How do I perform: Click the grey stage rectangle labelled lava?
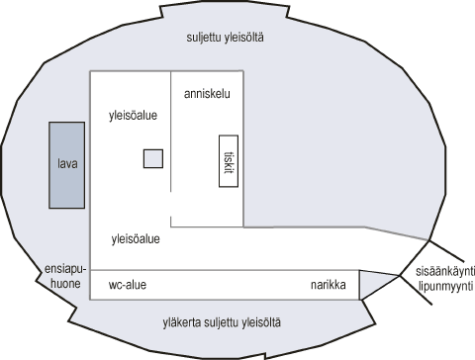point(68,165)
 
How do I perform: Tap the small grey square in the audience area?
point(152,158)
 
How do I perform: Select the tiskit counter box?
point(229,160)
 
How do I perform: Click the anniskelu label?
point(209,94)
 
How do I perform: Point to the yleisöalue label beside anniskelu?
point(134,116)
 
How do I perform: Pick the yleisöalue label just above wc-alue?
point(138,238)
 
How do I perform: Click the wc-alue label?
point(128,286)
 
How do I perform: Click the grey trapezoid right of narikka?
point(374,284)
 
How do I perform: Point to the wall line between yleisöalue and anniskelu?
point(171,138)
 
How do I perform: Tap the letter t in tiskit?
point(229,175)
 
